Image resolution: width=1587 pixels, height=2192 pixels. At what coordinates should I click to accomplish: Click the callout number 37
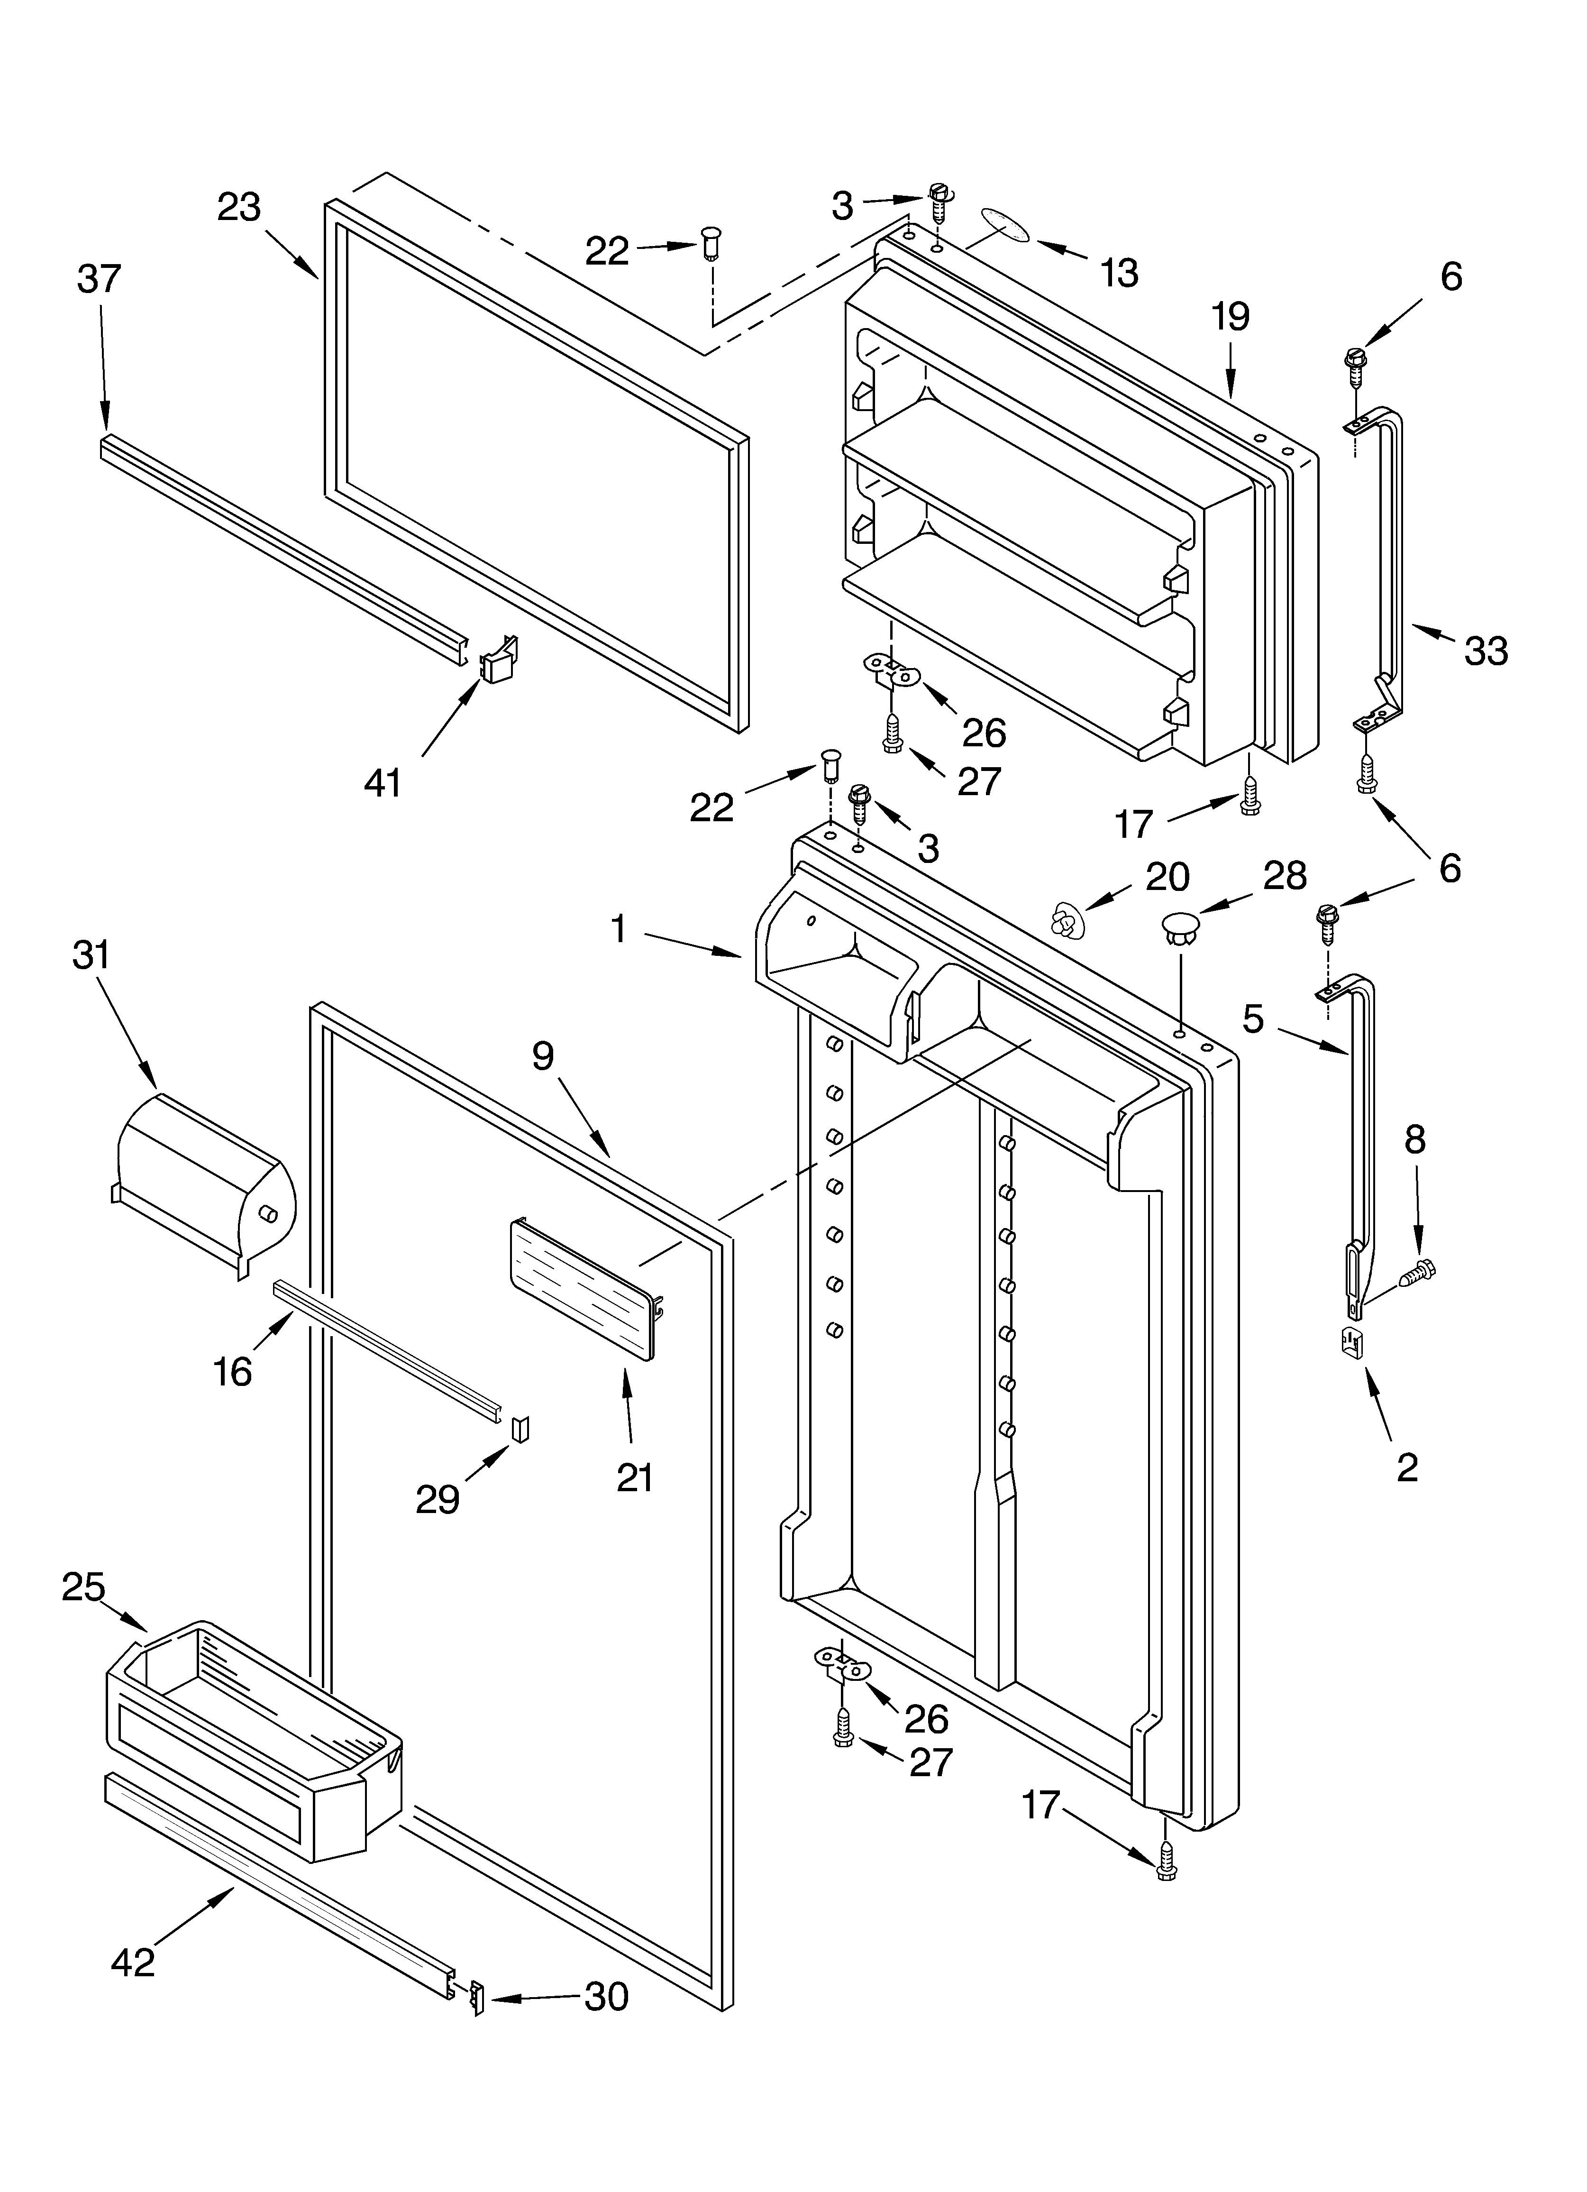click(x=100, y=278)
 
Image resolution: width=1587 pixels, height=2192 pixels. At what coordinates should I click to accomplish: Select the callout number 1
click(x=619, y=930)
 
